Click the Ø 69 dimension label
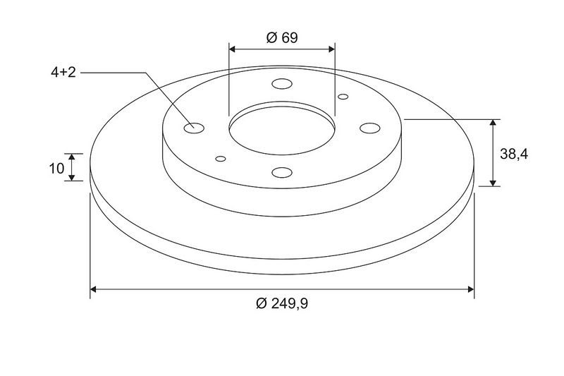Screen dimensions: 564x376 click(x=282, y=37)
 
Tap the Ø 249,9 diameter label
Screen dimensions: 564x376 click(x=282, y=303)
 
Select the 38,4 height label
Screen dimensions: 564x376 click(x=514, y=154)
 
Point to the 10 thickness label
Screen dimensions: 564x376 click(x=56, y=168)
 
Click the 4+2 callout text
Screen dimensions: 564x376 click(x=63, y=73)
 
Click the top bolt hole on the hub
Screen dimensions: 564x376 click(x=282, y=84)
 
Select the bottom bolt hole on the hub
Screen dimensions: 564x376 click(x=282, y=173)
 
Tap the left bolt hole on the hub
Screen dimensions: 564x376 click(x=194, y=128)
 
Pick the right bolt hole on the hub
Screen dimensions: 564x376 click(x=370, y=128)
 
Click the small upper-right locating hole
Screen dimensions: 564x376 click(x=343, y=97)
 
